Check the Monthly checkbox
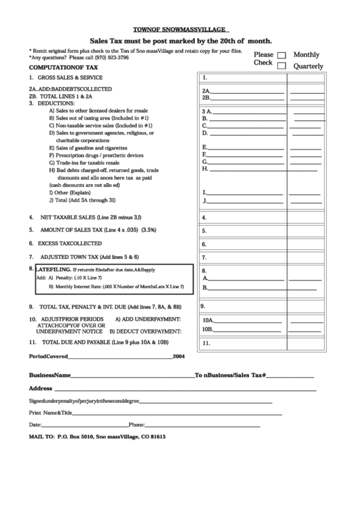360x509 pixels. point(282,55)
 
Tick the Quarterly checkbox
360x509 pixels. point(282,66)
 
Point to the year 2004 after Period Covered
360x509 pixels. point(179,356)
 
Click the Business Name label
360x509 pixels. point(50,375)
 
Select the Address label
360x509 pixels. point(41,388)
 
